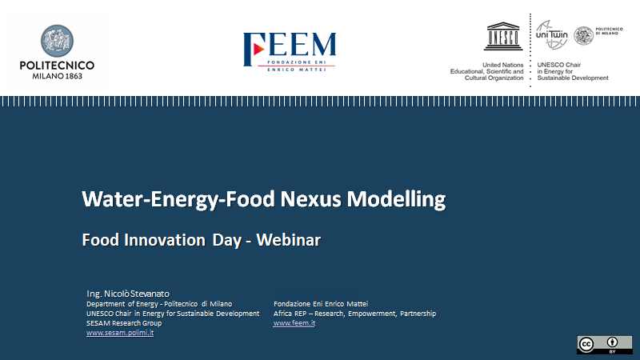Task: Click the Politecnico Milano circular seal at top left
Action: tap(57, 42)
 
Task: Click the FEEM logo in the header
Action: tap(289, 48)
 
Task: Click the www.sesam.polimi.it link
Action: tap(120, 333)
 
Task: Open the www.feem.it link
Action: tap(294, 323)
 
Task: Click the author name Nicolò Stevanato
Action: tap(133, 294)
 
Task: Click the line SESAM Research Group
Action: tap(124, 323)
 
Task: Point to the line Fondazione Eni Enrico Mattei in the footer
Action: tap(320, 304)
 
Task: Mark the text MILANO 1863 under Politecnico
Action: tap(57, 76)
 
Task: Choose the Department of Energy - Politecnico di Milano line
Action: tap(159, 304)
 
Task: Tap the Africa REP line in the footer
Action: tap(354, 314)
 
